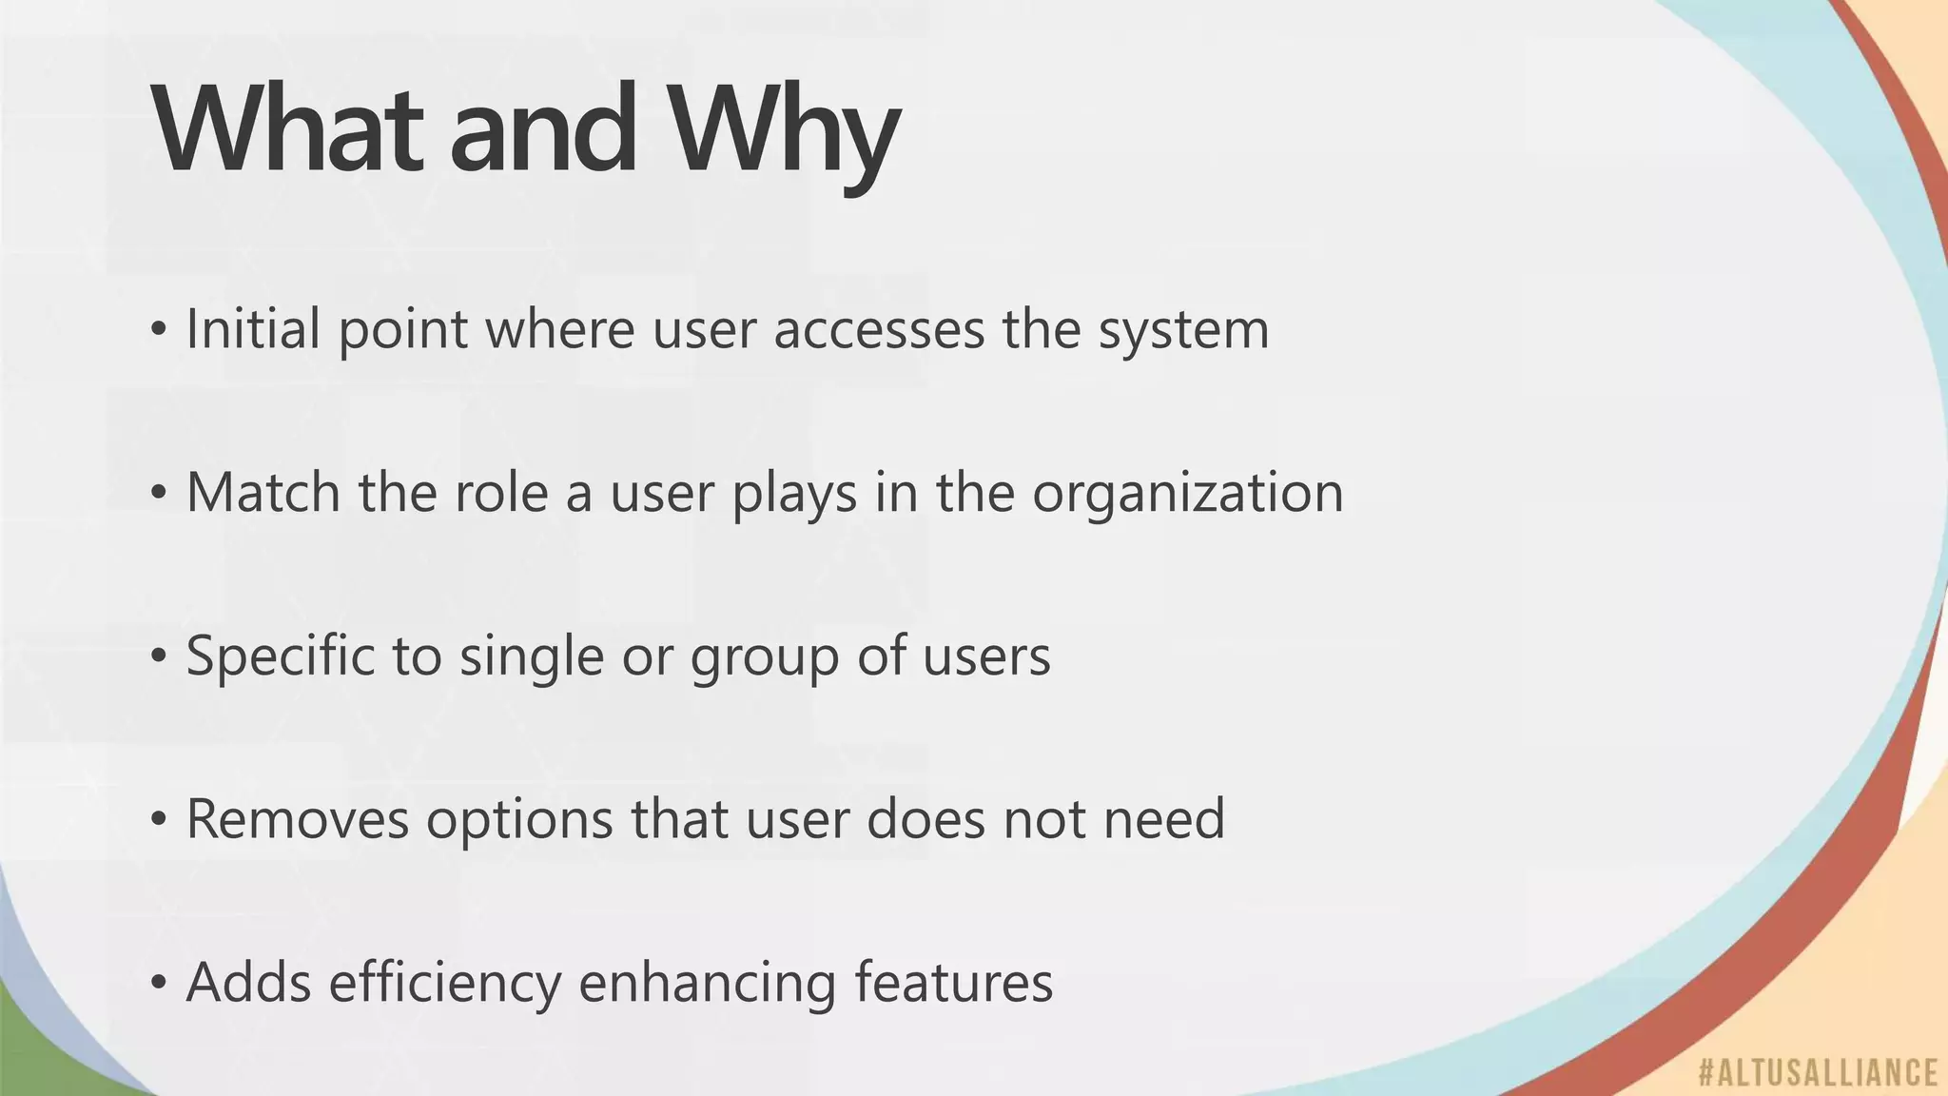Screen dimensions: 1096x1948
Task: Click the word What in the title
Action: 285,128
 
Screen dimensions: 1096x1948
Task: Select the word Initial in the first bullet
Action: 253,329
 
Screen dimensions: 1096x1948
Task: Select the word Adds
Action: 248,982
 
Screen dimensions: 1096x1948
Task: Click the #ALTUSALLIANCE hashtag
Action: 1818,1072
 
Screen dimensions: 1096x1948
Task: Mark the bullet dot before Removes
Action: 159,819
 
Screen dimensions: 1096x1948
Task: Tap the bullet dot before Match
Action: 159,493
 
